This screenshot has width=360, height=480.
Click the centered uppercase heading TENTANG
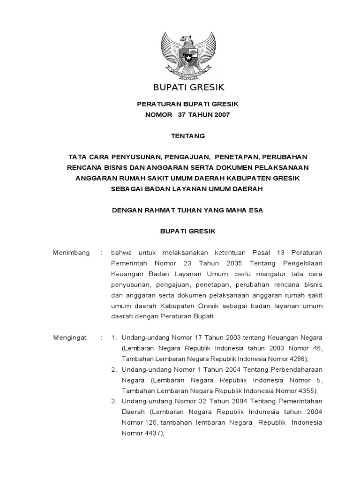[x=187, y=136]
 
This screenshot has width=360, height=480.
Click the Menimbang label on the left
[x=71, y=253]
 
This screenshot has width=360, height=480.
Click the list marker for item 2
[x=114, y=369]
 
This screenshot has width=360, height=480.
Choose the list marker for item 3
[x=114, y=401]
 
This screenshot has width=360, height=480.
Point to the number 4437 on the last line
[x=152, y=434]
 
